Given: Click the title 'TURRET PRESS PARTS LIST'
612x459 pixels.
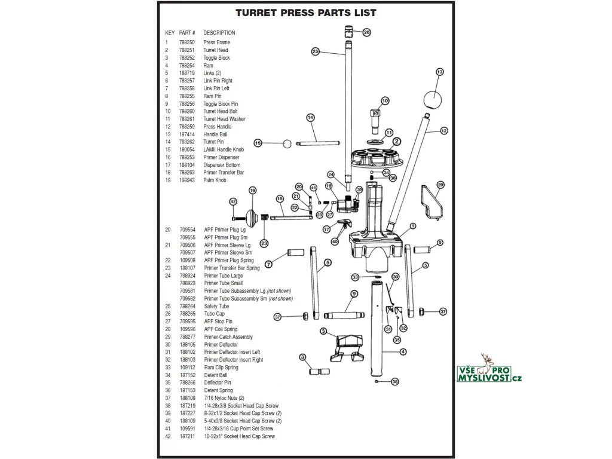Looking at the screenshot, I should tap(305, 13).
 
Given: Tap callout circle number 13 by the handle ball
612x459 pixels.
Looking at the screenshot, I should tap(439, 72).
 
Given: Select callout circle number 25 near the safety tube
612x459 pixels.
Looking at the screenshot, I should tap(316, 51).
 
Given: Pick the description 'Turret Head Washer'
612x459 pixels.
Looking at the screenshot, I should tap(224, 119).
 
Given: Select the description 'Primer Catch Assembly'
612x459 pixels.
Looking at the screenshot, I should tap(228, 337).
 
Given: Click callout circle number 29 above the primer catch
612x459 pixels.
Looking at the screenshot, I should tap(440, 185).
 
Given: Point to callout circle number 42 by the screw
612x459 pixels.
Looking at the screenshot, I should tap(233, 201).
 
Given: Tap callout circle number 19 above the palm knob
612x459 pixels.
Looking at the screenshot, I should tap(252, 190).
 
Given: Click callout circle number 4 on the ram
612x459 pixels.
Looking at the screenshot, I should tap(403, 351).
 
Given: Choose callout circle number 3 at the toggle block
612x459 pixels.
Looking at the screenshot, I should tap(323, 331).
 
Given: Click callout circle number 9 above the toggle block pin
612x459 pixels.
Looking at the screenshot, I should tap(354, 293).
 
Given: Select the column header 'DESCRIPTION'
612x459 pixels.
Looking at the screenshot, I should tap(219, 33).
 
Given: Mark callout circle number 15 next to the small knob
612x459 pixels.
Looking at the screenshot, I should tap(258, 143).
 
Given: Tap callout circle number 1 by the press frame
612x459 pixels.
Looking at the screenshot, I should tap(412, 227).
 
